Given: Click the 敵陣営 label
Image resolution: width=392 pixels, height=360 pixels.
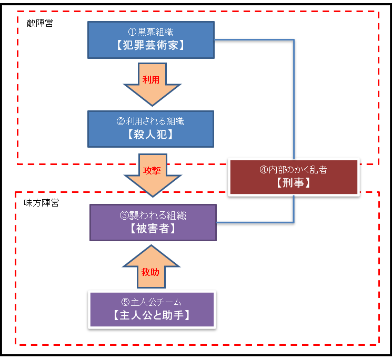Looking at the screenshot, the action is pos(40,23).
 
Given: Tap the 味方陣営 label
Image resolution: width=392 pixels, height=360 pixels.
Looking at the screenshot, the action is pos(42,203).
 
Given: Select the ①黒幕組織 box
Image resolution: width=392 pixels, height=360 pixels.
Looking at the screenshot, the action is pos(151,40).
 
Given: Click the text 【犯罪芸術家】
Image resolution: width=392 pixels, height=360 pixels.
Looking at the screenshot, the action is pos(150,45).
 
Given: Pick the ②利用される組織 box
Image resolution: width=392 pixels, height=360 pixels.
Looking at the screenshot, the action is pos(151,129).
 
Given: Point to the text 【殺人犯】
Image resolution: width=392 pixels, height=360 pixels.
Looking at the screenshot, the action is pos(150,135).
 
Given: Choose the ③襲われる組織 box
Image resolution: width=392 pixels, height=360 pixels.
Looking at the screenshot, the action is pos(153,222).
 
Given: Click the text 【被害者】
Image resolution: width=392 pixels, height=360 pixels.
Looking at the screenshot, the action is pos(153,228).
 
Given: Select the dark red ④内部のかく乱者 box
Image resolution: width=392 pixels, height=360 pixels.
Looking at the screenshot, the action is pos(294,177).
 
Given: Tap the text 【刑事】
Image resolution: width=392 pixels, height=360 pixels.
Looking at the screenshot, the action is pos(294,183).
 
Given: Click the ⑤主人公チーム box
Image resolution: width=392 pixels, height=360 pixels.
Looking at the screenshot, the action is pos(152,310).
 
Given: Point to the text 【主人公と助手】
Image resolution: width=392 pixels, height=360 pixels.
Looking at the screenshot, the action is pos(152,315).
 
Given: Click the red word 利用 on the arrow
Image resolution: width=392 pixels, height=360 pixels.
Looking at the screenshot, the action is pos(151,80).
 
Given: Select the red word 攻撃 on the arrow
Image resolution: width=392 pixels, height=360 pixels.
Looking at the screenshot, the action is pos(152,171).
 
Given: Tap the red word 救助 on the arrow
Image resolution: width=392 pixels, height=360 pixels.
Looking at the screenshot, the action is pos(150,272).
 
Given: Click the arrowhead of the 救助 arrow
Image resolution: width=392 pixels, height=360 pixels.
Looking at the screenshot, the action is pos(151,245).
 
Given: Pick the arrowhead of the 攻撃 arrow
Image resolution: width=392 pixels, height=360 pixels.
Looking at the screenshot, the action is pos(153,197).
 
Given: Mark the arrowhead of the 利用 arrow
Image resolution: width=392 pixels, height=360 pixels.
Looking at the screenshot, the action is pos(152,106).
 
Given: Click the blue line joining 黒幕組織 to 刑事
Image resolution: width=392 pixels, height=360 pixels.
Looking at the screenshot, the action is pos(294,40).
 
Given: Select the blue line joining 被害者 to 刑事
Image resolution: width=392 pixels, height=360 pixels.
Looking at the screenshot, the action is pos(294,222).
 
